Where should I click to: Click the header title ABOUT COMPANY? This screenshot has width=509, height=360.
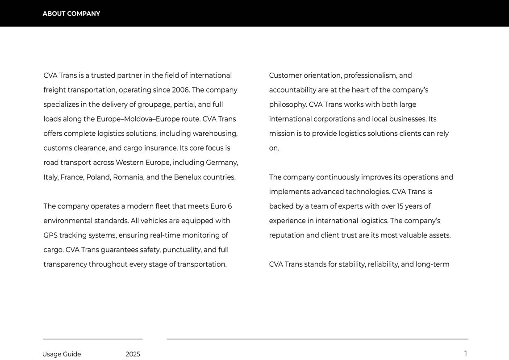click(71, 14)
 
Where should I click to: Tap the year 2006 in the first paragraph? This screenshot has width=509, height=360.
click(181, 90)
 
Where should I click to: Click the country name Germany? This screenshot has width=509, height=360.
click(222, 163)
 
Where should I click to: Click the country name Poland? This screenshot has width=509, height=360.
click(98, 177)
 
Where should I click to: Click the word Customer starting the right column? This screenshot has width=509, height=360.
click(285, 75)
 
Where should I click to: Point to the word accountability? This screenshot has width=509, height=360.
click(292, 90)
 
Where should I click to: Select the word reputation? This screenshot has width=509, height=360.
click(287, 235)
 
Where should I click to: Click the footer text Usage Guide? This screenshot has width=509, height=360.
click(62, 354)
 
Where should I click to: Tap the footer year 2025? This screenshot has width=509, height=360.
click(133, 354)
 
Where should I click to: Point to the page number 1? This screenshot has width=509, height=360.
click(465, 354)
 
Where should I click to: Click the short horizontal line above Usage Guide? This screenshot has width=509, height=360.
click(93, 339)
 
